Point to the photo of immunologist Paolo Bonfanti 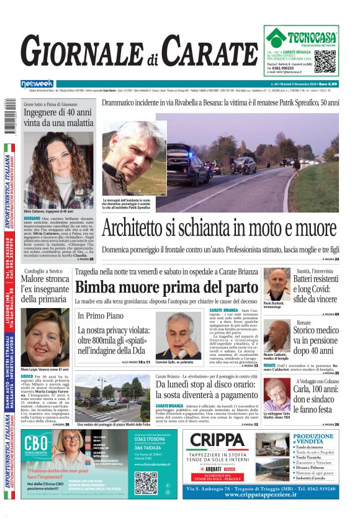pos(276,284)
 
